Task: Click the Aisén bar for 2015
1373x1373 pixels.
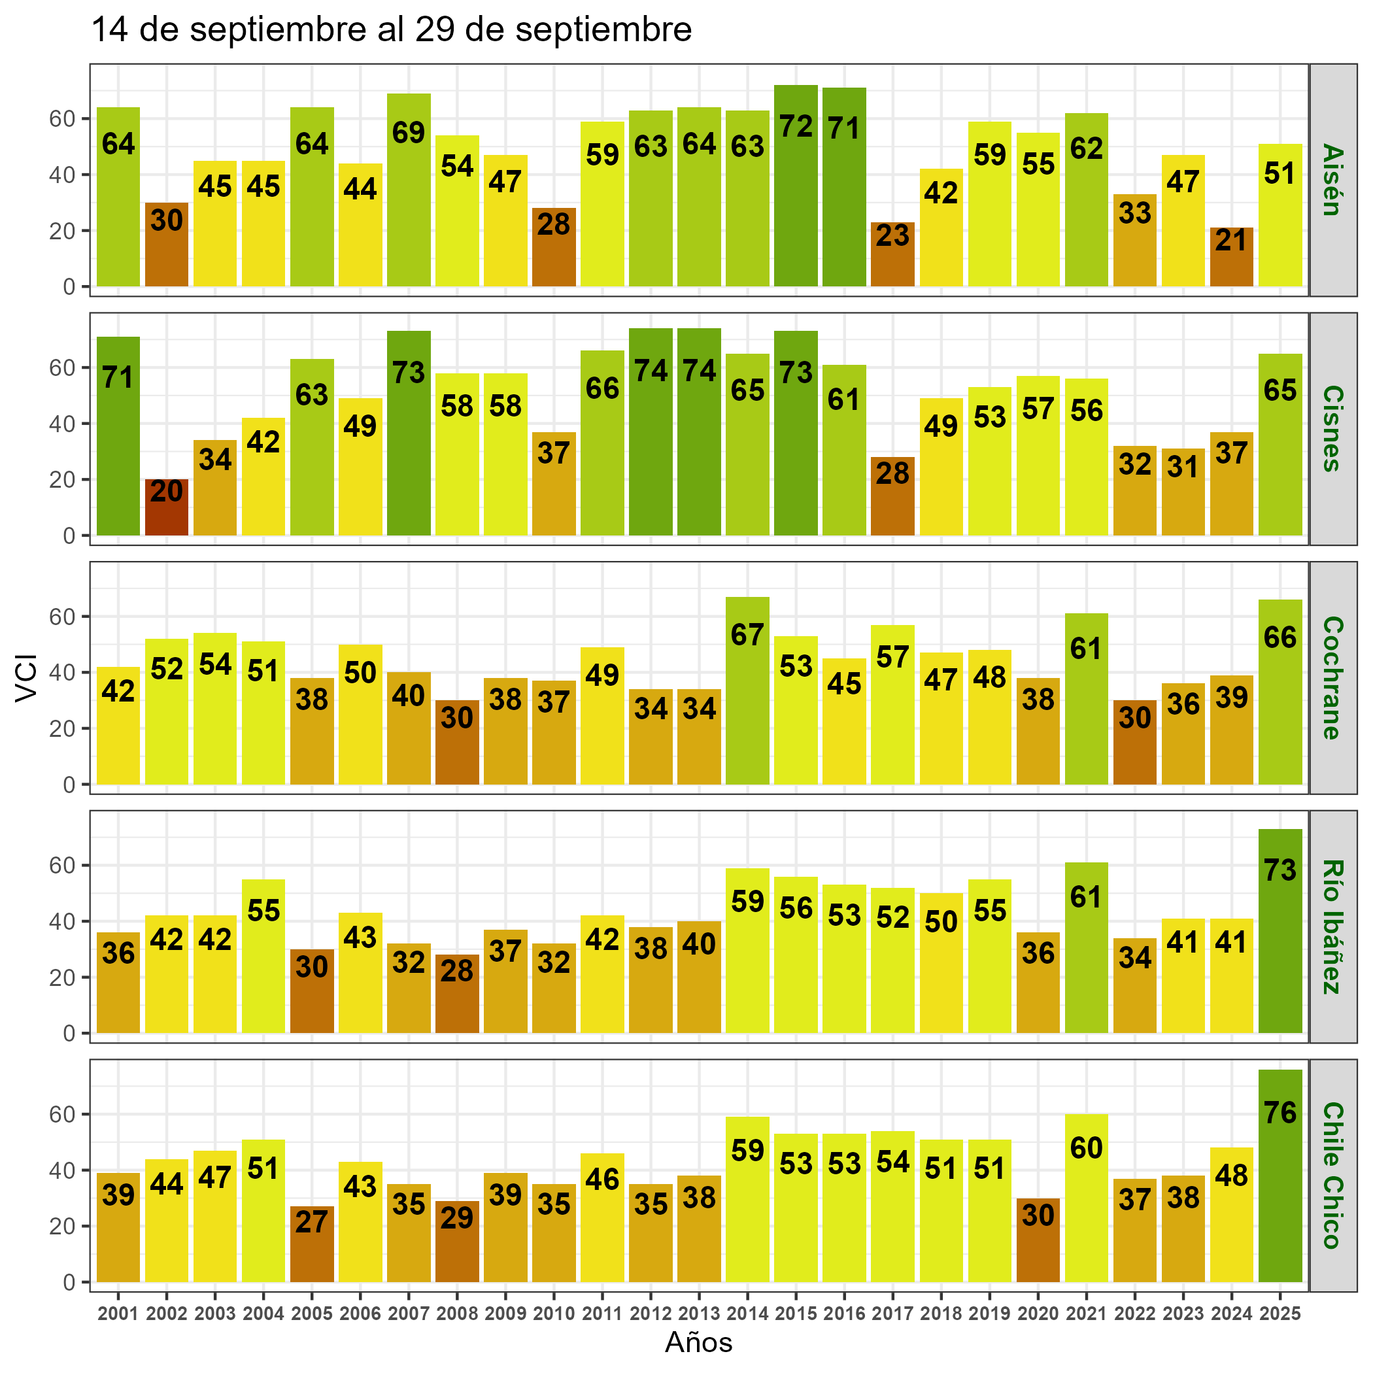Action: [795, 186]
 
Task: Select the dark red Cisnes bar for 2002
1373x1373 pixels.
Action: [166, 507]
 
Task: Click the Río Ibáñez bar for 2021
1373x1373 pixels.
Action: [1086, 947]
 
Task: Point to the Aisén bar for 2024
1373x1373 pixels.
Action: [1231, 257]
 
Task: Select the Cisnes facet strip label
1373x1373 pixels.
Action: [1332, 428]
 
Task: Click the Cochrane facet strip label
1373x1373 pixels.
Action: [1332, 678]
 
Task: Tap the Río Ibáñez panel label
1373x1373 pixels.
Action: [1332, 926]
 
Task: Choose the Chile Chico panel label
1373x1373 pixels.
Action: [1332, 1176]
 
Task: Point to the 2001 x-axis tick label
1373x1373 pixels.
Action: [118, 1314]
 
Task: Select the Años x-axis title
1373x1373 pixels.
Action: [698, 1342]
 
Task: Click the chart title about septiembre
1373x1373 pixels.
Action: [392, 30]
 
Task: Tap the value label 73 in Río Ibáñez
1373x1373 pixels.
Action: [1280, 870]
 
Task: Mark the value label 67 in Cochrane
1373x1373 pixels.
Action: [747, 635]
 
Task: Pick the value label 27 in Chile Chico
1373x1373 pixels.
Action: [311, 1221]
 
